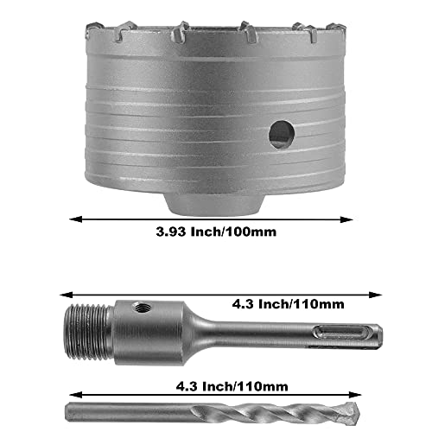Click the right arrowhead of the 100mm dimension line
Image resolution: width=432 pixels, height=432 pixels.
point(362,219)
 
